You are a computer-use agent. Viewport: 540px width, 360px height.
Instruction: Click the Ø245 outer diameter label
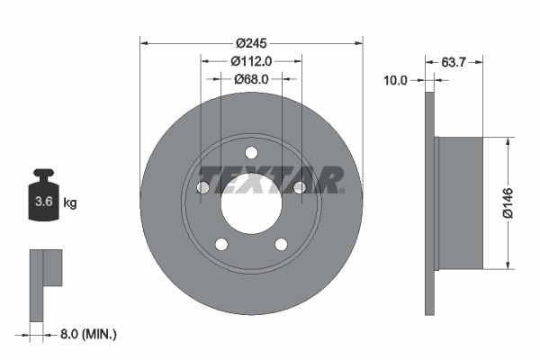pos(252,42)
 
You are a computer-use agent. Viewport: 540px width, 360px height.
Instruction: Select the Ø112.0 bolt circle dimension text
pos(252,60)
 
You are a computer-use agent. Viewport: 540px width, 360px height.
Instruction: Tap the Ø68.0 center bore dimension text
pos(252,79)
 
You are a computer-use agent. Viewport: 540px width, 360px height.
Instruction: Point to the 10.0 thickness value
pos(396,80)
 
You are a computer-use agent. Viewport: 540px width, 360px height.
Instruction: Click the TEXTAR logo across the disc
pos(270,179)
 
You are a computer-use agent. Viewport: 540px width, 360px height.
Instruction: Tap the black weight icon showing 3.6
pos(43,197)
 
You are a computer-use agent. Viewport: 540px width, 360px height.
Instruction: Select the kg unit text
pos(70,203)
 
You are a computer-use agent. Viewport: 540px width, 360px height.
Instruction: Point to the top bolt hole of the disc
pos(251,151)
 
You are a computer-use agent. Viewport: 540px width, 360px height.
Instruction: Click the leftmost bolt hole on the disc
pos(202,187)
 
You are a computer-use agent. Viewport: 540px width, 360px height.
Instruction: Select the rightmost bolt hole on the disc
pos(301,187)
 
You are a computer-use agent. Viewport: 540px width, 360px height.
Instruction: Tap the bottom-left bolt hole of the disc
pos(221,244)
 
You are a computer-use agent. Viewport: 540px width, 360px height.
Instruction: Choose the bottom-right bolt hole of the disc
pos(282,244)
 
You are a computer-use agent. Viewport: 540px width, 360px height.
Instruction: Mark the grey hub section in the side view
pos(459,202)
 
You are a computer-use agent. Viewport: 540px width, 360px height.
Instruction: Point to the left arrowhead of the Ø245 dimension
pos(144,42)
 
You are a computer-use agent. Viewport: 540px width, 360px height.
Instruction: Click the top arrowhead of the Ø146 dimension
pos(509,140)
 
